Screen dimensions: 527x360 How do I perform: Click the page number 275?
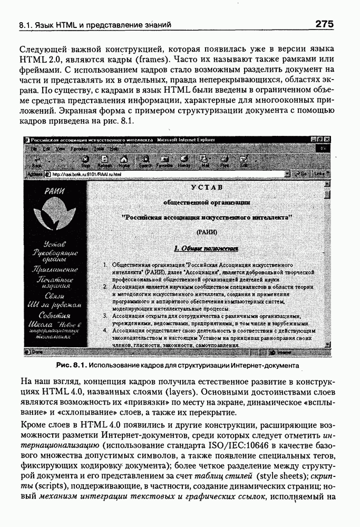(324, 24)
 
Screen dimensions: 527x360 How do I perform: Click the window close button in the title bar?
(327, 140)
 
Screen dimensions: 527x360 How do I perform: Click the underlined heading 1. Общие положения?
(207, 248)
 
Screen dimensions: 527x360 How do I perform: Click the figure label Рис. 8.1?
(71, 365)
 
